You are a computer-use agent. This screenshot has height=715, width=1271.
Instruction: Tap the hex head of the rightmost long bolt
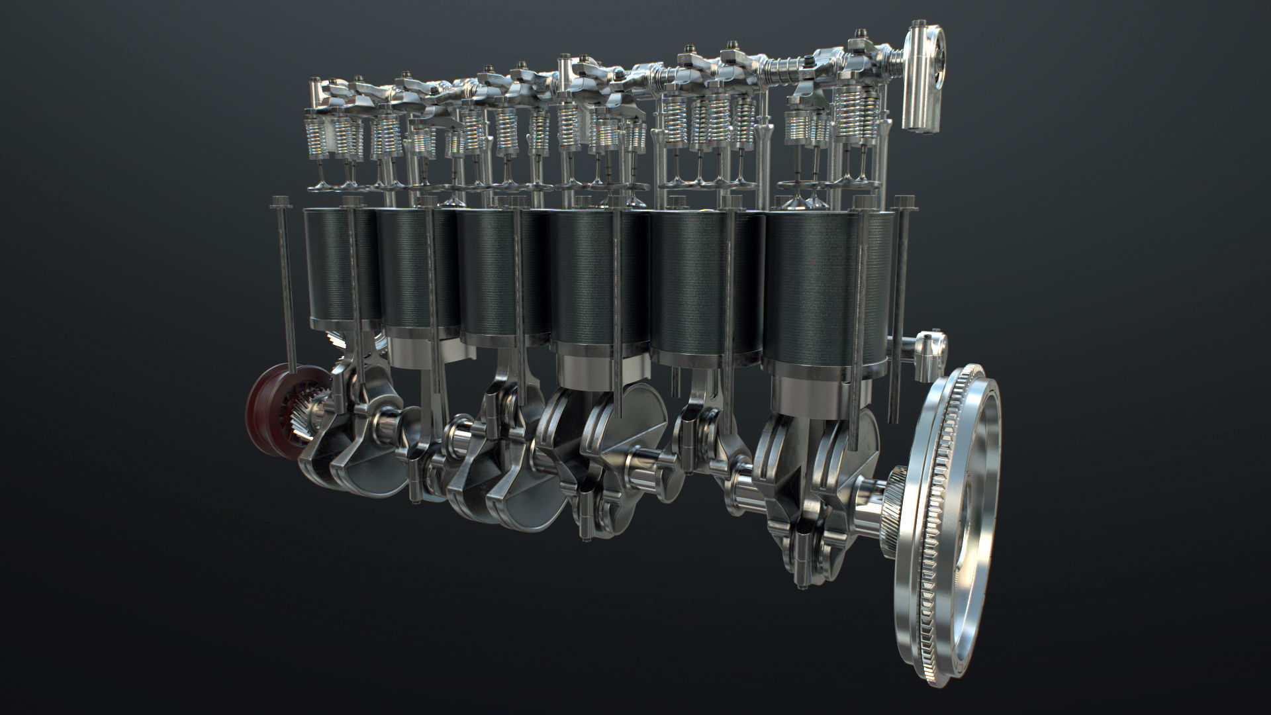pyautogui.click(x=905, y=201)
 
